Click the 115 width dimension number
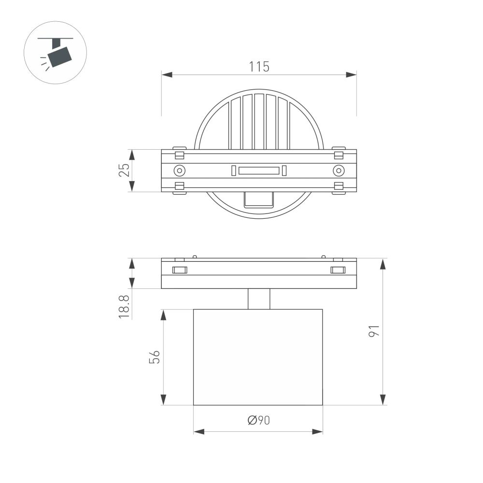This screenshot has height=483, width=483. [x=259, y=67]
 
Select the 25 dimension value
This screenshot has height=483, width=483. [x=124, y=170]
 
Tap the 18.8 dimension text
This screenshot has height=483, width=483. [x=124, y=306]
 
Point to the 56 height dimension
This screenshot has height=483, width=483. [x=154, y=357]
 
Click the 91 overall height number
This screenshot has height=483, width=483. [x=374, y=331]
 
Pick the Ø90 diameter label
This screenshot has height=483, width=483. [x=258, y=421]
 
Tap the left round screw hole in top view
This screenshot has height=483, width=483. [x=179, y=170]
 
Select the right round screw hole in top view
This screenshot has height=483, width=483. [x=339, y=170]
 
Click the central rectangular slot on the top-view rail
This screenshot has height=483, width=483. [x=259, y=170]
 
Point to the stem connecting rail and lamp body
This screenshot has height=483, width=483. [x=259, y=299]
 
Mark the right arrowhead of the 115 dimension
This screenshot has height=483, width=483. [x=351, y=75]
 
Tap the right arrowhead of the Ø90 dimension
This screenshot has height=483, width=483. [x=317, y=431]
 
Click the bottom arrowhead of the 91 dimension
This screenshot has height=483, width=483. [x=383, y=399]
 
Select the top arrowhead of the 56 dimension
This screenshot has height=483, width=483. [x=163, y=315]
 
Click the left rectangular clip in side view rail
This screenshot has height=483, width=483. [x=179, y=270]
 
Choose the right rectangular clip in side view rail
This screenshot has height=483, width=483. [x=338, y=270]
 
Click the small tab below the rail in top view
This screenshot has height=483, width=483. [x=259, y=199]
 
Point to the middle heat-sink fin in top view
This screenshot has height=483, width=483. [x=259, y=121]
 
